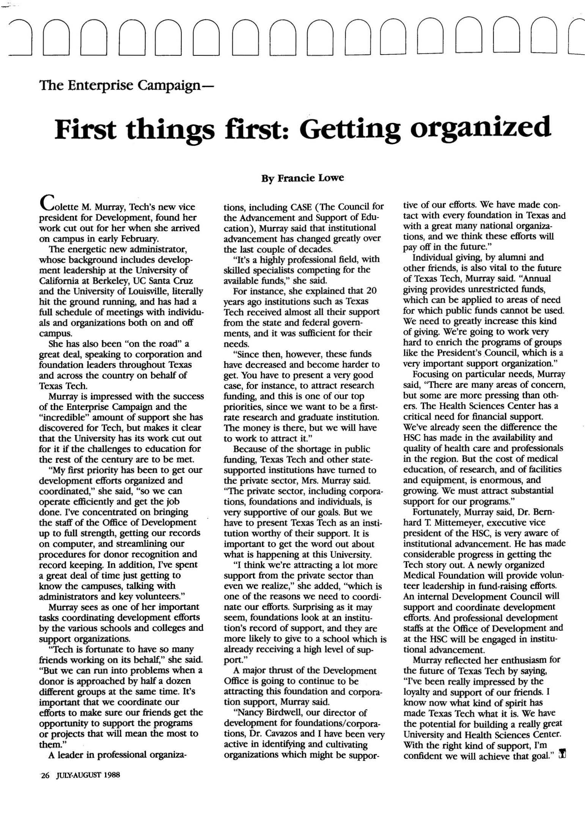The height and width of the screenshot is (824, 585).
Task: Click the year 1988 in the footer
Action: (x=110, y=775)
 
